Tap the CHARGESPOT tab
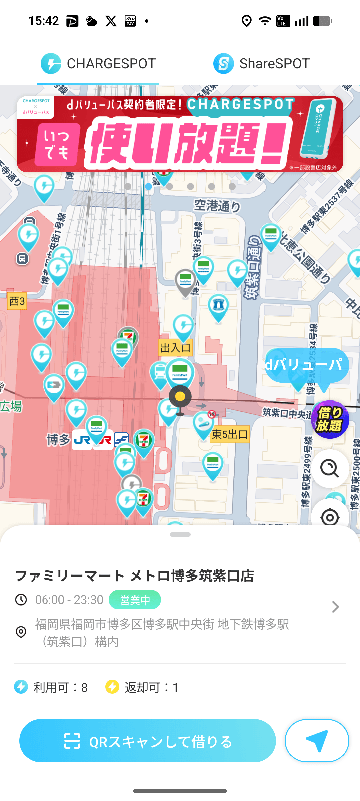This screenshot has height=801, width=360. [98, 64]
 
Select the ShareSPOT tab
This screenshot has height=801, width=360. [261, 64]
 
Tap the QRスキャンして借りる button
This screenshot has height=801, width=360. [147, 741]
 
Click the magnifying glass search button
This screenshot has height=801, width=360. [330, 468]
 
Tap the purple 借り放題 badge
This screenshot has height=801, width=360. [330, 419]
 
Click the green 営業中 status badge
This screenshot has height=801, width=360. [135, 600]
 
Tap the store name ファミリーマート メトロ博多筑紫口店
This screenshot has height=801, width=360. [135, 576]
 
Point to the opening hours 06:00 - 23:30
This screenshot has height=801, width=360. [69, 600]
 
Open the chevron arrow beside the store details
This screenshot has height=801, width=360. [335, 607]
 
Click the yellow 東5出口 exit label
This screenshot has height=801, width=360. [230, 434]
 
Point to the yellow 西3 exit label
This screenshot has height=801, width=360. [17, 301]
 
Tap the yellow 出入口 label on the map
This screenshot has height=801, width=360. [175, 348]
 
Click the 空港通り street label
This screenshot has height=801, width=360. [217, 206]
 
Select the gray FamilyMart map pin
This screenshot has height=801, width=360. [185, 281]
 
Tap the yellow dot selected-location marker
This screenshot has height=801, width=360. [180, 397]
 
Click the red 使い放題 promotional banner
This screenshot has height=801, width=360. [180, 134]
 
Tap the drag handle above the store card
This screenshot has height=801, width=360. [180, 534]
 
